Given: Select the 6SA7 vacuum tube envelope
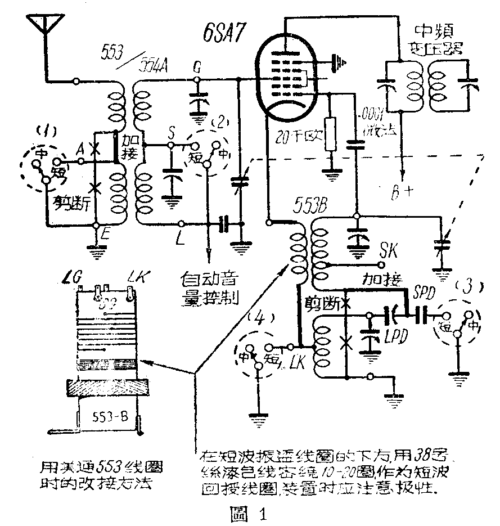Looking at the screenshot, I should click(286, 79).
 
